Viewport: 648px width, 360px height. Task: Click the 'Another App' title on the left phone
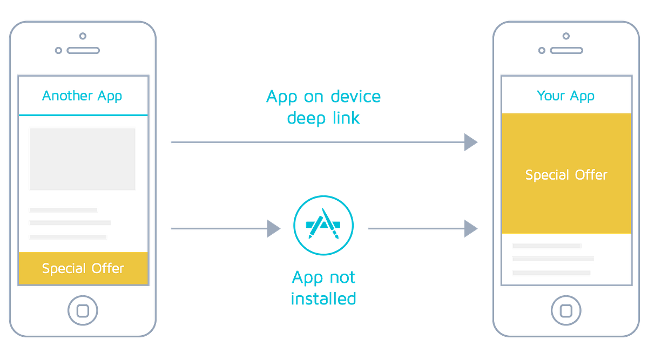(x=82, y=96)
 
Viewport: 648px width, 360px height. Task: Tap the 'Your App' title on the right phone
(x=565, y=96)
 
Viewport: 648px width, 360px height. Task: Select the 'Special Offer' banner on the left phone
(x=83, y=268)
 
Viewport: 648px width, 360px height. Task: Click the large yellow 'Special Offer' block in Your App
(x=566, y=174)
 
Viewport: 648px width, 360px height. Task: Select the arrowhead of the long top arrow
(x=470, y=142)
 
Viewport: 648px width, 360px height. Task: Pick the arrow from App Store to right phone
(x=422, y=228)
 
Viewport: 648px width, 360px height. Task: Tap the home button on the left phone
(x=83, y=310)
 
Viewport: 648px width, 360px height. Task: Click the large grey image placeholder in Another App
(x=82, y=159)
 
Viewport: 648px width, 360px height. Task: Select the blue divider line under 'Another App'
(x=83, y=115)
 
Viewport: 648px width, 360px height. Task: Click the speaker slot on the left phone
(x=83, y=51)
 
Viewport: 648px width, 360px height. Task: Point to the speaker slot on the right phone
(x=566, y=51)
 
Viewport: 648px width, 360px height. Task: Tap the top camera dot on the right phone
(x=566, y=36)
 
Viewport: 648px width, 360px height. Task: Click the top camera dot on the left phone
(x=83, y=36)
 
